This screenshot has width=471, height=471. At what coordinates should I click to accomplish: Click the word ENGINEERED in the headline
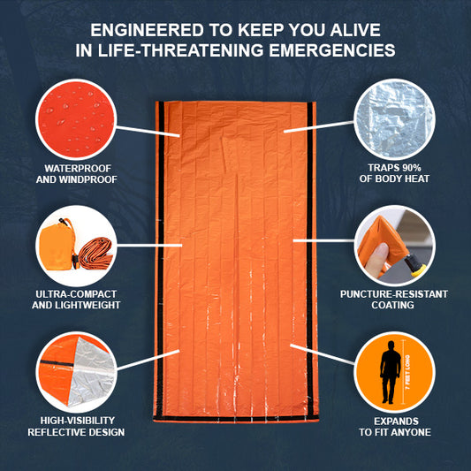pyautogui.click(x=147, y=30)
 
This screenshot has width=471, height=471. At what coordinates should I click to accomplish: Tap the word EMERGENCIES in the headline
pyautogui.click(x=332, y=50)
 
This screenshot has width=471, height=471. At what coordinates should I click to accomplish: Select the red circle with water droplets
pyautogui.click(x=76, y=119)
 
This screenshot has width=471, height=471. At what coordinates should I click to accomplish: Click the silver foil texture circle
pyautogui.click(x=394, y=119)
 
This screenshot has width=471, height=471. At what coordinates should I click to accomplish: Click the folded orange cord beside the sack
pyautogui.click(x=95, y=253)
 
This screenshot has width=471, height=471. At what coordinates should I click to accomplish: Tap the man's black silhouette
pyautogui.click(x=390, y=372)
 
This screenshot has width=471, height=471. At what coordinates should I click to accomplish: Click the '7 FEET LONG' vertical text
pyautogui.click(x=407, y=372)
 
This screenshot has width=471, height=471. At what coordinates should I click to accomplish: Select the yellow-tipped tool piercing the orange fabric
pyautogui.click(x=415, y=264)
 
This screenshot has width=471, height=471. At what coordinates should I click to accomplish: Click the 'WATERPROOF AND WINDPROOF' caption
pyautogui.click(x=77, y=173)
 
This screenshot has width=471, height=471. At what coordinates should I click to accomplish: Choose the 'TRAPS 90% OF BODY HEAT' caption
pyautogui.click(x=394, y=173)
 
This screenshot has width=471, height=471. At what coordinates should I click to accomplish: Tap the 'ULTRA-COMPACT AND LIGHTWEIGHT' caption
pyautogui.click(x=76, y=300)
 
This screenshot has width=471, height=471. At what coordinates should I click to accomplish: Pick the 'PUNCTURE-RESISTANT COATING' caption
pyautogui.click(x=394, y=300)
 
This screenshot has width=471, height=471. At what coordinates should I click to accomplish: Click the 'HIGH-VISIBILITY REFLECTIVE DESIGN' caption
pyautogui.click(x=76, y=426)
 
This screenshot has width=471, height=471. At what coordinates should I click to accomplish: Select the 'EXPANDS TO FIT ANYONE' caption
pyautogui.click(x=395, y=427)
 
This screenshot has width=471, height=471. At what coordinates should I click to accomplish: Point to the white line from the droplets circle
pyautogui.click(x=148, y=132)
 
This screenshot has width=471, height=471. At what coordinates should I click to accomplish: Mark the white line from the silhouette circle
pyautogui.click(x=323, y=354)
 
